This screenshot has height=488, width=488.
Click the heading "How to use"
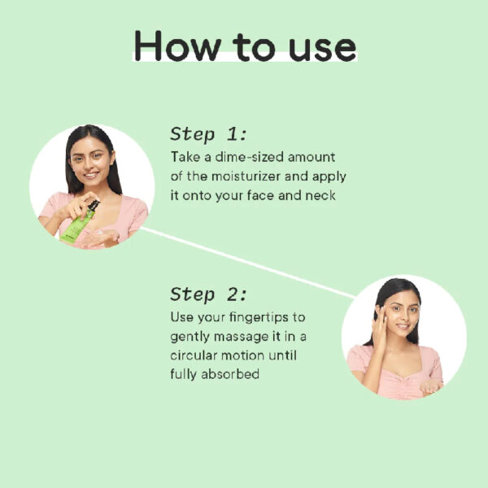click(246, 46)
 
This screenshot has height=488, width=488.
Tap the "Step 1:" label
click(208, 134)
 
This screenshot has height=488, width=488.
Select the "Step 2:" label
click(208, 294)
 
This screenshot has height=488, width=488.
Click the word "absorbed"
click(230, 374)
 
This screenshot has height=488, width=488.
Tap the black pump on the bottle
click(94, 206)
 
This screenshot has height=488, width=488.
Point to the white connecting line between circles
click(247, 263)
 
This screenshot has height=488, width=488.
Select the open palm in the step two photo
click(431, 386)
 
